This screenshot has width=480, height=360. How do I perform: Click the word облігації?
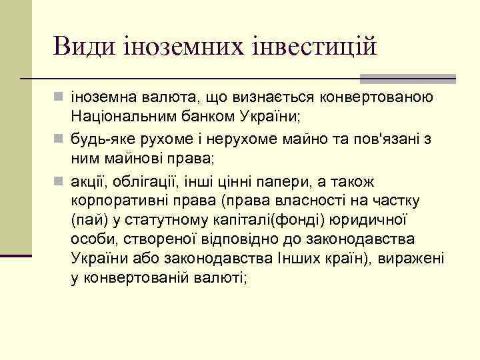[145, 181]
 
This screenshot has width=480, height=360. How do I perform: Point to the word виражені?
[411, 258]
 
